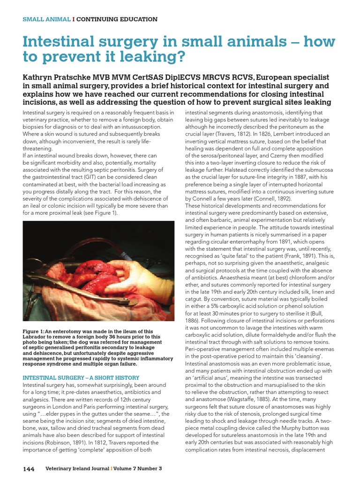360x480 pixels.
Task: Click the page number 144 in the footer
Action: pyautogui.click(x=28, y=469)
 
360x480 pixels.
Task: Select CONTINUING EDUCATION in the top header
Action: pyautogui.click(x=117, y=19)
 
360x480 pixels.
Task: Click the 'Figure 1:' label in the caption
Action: pyautogui.click(x=34, y=331)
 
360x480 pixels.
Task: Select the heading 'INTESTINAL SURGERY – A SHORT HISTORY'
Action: pyautogui.click(x=81, y=378)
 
